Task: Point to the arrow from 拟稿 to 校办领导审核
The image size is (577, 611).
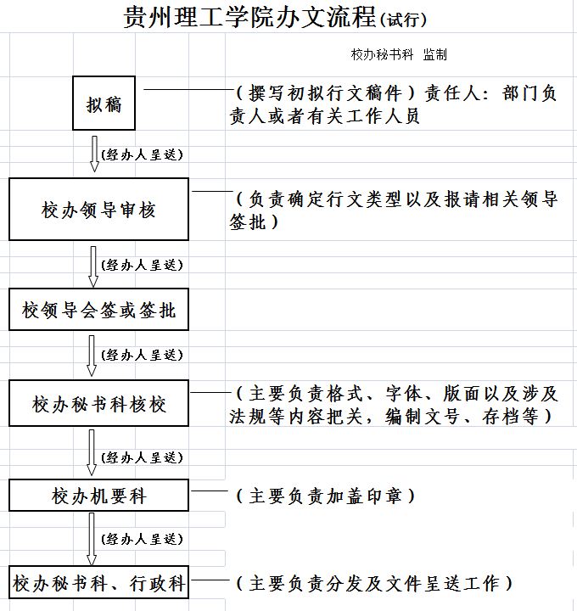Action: [94, 154]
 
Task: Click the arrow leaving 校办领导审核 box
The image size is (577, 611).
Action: [93, 266]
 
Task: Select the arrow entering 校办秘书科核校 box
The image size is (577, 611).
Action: [92, 356]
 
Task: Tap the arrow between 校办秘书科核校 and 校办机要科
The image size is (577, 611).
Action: [92, 452]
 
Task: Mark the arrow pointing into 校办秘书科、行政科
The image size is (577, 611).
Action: [92, 539]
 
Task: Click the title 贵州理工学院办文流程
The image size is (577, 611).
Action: [249, 17]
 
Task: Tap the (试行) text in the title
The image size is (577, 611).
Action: [403, 20]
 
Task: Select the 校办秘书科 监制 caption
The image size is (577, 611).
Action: [399, 54]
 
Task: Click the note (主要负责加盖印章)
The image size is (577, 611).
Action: [326, 496]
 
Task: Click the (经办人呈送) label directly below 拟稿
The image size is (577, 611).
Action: [142, 154]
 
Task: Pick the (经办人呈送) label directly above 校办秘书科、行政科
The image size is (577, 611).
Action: [142, 540]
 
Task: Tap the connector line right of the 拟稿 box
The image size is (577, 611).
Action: [188, 90]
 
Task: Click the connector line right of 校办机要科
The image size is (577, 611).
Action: [210, 491]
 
